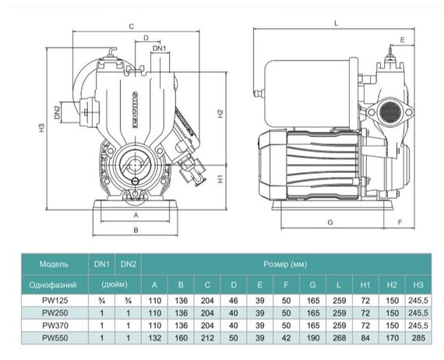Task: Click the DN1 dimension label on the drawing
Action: click(159, 48)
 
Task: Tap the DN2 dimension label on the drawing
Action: click(58, 112)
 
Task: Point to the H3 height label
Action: click(42, 129)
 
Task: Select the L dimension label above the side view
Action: click(336, 23)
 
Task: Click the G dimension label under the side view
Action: click(330, 222)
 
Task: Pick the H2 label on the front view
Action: click(220, 114)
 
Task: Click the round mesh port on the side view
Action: click(390, 111)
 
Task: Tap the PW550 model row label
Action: click(55, 338)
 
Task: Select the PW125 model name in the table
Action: click(55, 301)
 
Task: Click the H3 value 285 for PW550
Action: click(418, 338)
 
